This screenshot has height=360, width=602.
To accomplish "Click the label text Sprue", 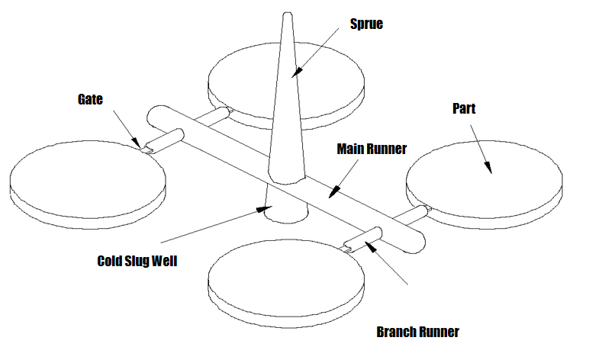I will (366, 24).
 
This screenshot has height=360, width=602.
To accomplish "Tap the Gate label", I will (89, 99).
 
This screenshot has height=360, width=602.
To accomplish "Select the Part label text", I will (464, 109).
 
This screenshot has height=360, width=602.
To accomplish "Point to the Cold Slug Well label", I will (137, 261).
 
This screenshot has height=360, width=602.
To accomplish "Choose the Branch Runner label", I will (418, 332).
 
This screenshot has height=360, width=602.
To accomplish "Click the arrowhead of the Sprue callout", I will (296, 74).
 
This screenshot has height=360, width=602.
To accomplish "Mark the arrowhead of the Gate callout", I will (137, 143).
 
